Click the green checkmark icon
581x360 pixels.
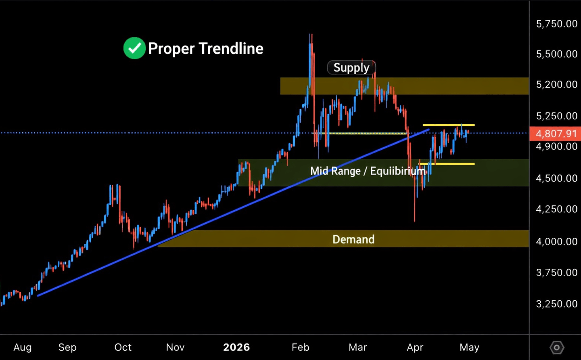134,48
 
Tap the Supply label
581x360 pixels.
351,67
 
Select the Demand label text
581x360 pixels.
353,239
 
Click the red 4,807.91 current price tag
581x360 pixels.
556,134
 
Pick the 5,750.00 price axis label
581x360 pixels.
556,24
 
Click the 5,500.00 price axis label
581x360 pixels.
556,54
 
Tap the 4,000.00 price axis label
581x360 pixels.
556,241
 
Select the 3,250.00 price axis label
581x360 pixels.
556,304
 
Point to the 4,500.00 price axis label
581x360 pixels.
556,178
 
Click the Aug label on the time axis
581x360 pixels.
23,347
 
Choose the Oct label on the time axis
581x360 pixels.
123,347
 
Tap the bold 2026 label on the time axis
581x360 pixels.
236,347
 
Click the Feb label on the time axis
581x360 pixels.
301,347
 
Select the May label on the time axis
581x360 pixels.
469,347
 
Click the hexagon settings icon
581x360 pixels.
557,347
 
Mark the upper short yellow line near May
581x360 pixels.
448,125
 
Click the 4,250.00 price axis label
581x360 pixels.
556,209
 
